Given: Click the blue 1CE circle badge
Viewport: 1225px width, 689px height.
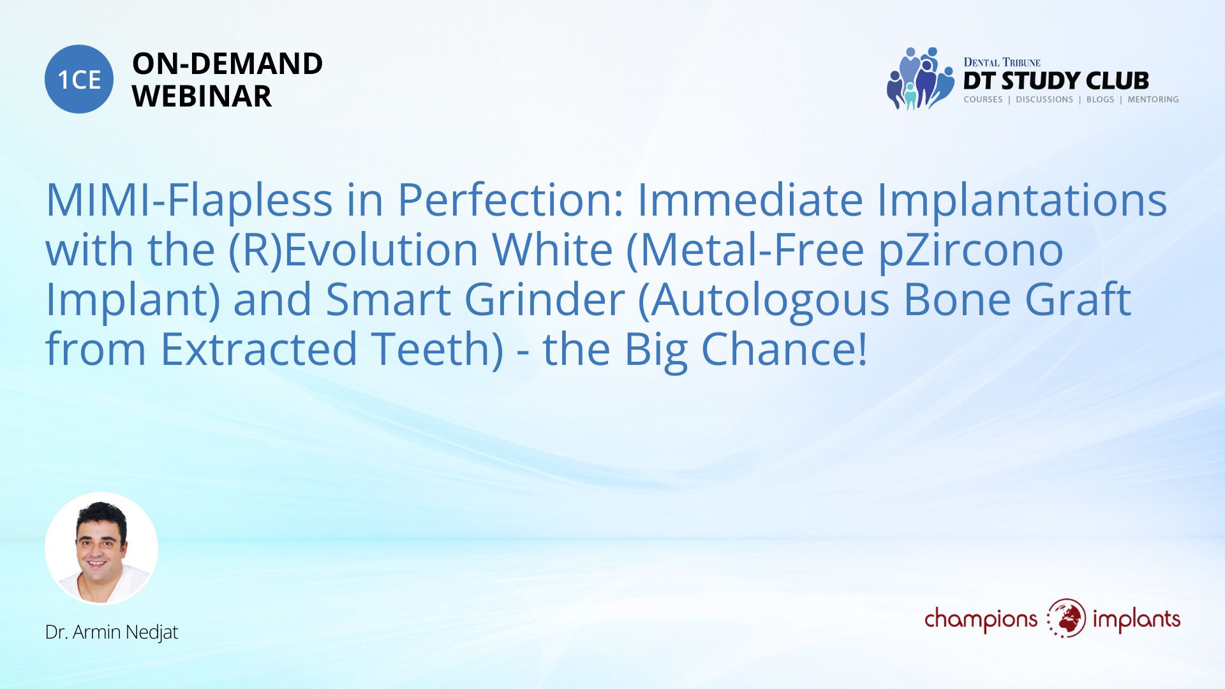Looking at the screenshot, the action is coord(79,79).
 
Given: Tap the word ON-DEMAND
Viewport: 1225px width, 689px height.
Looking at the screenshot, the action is coord(227,64).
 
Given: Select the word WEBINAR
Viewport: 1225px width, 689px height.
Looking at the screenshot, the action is coord(202,96).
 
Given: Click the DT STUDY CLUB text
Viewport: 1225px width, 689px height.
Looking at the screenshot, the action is coord(1056,80).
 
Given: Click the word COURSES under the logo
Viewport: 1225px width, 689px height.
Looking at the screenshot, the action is coord(983,100).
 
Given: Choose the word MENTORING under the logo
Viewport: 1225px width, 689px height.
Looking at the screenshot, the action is coord(1153,100).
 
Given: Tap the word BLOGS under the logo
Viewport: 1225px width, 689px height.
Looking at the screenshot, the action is coord(1100,100).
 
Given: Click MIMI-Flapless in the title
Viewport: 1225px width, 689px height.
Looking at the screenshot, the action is coord(189,200).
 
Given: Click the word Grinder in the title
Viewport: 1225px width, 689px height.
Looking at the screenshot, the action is coord(544,299).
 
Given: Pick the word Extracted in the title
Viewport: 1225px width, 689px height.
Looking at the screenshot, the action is coord(258,349).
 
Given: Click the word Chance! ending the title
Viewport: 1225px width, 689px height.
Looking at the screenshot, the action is coord(784,349).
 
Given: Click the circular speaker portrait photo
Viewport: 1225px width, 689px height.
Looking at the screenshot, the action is coord(101,549).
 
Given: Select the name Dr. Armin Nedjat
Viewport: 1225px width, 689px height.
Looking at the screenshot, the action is coord(112,632).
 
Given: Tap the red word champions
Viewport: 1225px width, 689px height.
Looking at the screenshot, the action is coord(981,619).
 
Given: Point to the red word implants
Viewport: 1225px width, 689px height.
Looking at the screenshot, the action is coord(1136,619).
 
